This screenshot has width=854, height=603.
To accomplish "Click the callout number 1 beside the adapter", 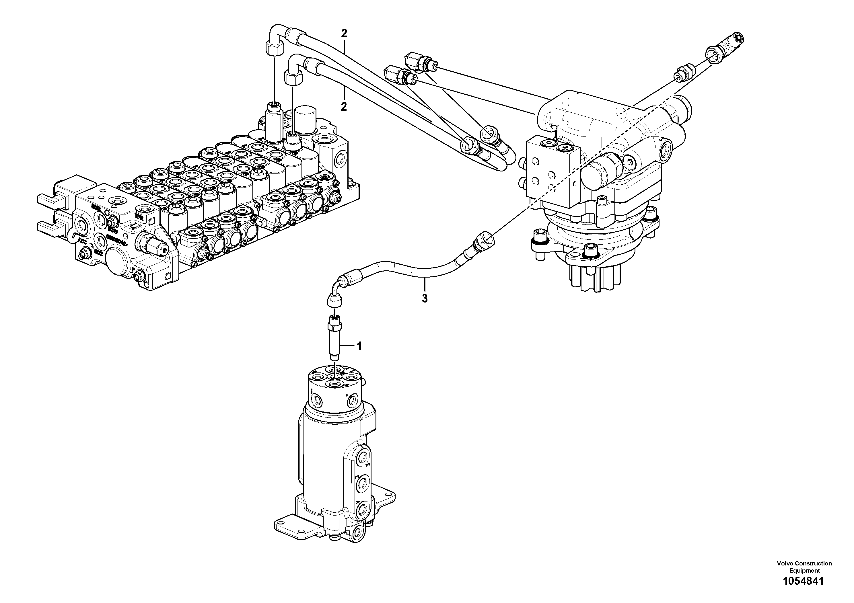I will click(x=359, y=346).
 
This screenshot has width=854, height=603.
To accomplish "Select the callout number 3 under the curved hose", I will click(x=424, y=298).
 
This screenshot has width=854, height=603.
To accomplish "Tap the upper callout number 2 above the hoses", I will click(x=344, y=34).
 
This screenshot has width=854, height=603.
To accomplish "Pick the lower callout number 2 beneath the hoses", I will click(x=344, y=107).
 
